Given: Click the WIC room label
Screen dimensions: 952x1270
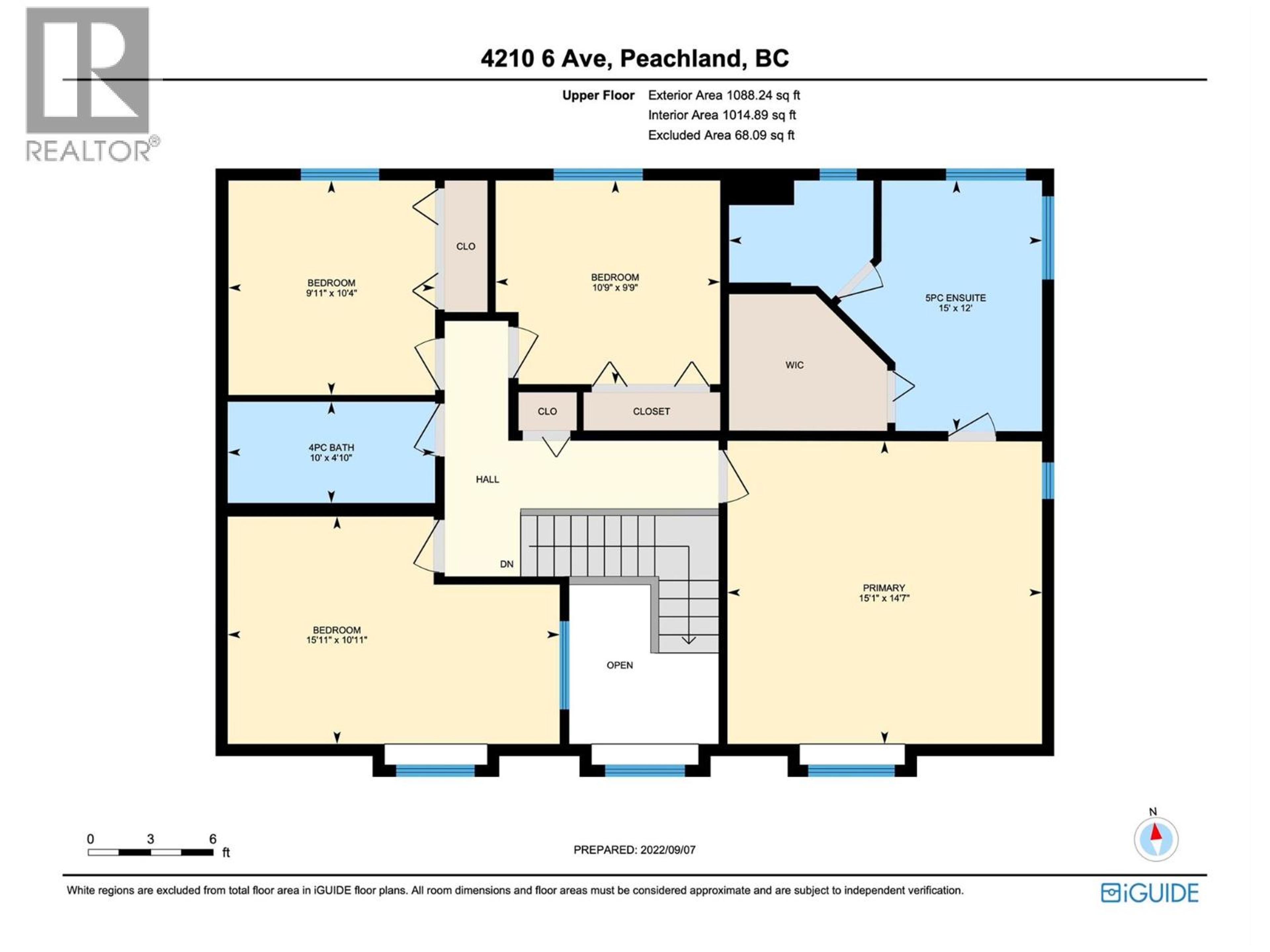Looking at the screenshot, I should coord(795,365).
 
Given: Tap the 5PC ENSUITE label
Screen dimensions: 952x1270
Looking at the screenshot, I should coord(955,298).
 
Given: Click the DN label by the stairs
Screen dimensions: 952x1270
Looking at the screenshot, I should coord(506,564).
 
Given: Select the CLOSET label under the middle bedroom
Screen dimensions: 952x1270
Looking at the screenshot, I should coord(651,412).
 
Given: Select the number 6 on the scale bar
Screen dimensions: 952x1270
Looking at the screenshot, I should coord(212,839).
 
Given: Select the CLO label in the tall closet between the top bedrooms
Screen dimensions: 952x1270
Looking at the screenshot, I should coord(466,246).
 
